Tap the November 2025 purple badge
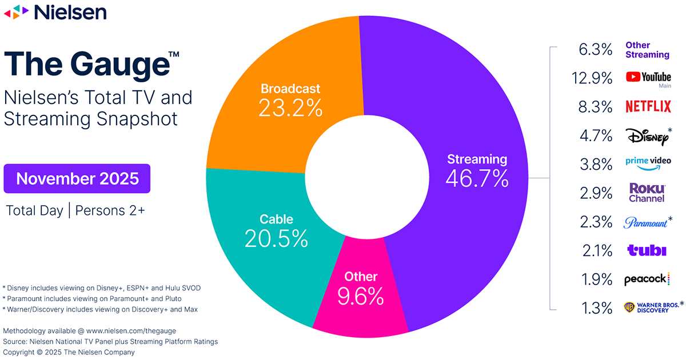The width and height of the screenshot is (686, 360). (x=77, y=178)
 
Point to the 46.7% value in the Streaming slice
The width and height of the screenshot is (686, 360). (x=477, y=179)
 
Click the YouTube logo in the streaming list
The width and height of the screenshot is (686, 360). (x=648, y=78)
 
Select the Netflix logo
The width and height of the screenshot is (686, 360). (x=648, y=106)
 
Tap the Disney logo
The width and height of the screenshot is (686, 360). (x=647, y=137)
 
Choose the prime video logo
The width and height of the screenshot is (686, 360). (x=647, y=163)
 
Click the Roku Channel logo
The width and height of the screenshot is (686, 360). (x=647, y=193)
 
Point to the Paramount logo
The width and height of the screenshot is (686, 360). (x=645, y=222)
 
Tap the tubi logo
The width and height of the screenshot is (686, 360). (x=647, y=250)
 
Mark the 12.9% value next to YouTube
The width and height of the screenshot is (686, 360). (x=592, y=78)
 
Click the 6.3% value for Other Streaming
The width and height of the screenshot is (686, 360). (x=595, y=49)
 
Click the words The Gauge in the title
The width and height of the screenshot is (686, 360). (x=86, y=64)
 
